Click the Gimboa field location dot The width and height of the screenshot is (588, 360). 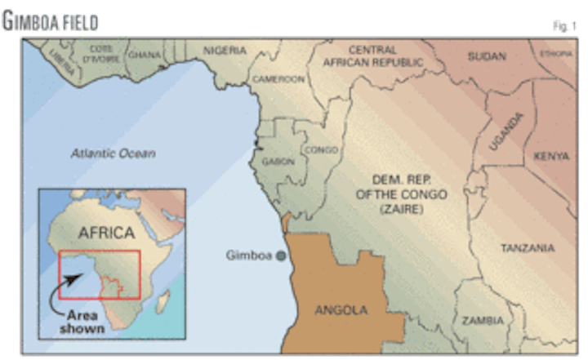[280, 256]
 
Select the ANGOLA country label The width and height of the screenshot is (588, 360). [341, 309]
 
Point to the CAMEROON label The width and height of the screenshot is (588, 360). [278, 79]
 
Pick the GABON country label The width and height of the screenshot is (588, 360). [278, 162]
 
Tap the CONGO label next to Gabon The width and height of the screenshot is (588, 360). [320, 150]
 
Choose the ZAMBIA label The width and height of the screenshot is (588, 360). [483, 321]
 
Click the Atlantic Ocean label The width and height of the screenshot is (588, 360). [113, 153]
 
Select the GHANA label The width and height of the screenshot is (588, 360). [145, 55]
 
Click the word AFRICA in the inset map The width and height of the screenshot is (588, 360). [105, 233]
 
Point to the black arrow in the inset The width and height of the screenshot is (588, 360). [71, 282]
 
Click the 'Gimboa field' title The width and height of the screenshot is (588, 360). [51, 21]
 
